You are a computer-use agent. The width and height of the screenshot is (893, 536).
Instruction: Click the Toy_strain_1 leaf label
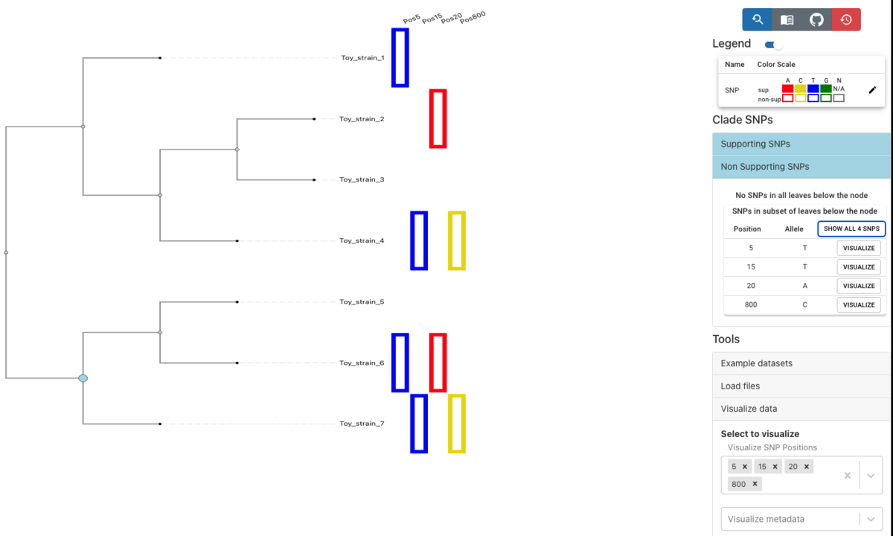363,58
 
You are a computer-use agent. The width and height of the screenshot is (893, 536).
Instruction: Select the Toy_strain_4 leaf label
362,240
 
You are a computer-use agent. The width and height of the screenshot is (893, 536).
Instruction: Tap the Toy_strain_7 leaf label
362,424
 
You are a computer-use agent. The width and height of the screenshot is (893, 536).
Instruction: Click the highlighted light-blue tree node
83,378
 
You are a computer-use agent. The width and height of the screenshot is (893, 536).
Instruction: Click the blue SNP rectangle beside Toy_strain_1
400,58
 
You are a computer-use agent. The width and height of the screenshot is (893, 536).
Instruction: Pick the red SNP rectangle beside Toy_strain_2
438,119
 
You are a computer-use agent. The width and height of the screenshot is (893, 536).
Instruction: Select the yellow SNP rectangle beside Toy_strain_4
457,240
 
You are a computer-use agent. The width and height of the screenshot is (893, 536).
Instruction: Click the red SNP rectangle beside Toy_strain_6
438,363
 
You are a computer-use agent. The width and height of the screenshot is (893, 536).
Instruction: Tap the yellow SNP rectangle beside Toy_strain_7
457,424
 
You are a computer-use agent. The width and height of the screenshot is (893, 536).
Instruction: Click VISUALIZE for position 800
859,304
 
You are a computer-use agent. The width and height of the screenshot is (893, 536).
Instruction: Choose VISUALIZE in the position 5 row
859,248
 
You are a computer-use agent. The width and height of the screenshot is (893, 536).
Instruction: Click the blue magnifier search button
757,19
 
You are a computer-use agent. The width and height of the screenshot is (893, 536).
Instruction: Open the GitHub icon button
816,19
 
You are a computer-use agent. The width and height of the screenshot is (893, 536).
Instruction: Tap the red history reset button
846,19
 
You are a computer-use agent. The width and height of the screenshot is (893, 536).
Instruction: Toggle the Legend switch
774,45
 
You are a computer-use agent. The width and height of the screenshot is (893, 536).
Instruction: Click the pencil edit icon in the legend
872,90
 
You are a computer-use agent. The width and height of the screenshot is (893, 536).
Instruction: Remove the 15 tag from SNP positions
775,467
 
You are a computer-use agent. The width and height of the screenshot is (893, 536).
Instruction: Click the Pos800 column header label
473,17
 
